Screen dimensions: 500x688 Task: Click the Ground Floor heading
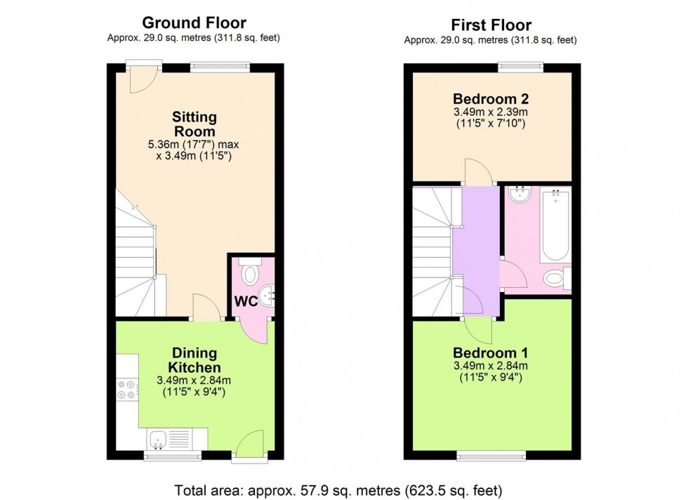pyautogui.click(x=194, y=23)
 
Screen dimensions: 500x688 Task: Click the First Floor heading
pyautogui.click(x=491, y=25)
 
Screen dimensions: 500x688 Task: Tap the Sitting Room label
pyautogui.click(x=194, y=124)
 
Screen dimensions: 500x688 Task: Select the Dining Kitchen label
pyautogui.click(x=194, y=360)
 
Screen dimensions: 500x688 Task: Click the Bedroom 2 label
pyautogui.click(x=490, y=98)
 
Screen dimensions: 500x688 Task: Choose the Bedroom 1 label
pyautogui.click(x=490, y=353)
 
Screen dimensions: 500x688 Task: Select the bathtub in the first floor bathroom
pyautogui.click(x=555, y=225)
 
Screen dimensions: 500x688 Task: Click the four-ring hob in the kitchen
pyautogui.click(x=128, y=390)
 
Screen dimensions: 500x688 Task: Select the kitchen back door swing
pyautogui.click(x=250, y=444)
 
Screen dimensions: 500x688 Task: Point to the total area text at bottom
pyautogui.click(x=343, y=489)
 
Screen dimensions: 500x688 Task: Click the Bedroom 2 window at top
pyautogui.click(x=520, y=67)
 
